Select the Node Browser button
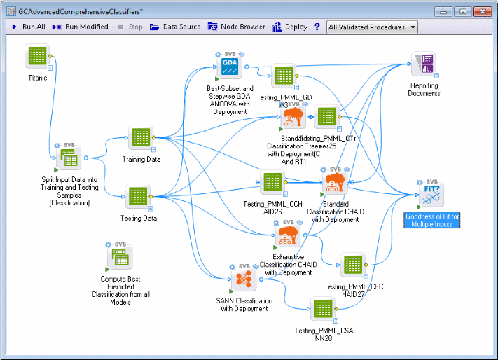237,27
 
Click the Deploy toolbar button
289,27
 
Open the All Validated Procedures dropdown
372,27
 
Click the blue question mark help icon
317,27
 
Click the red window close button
482,12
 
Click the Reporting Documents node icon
423,65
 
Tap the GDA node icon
230,67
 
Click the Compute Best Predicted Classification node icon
119,259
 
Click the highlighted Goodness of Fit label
432,221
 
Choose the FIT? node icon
431,194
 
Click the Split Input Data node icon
69,158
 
